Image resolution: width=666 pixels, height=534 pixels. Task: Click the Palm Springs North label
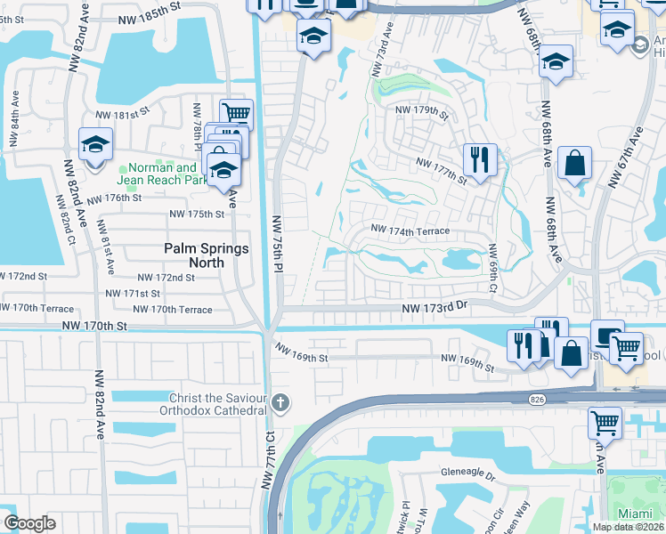(206, 255)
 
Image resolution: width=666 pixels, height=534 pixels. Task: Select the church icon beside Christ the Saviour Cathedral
(280, 402)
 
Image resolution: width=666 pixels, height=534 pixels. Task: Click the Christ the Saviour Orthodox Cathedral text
(218, 403)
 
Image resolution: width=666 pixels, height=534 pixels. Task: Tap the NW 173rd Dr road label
(434, 307)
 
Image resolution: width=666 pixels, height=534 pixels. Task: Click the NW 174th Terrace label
(410, 231)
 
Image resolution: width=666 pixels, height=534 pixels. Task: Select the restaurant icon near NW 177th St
(479, 161)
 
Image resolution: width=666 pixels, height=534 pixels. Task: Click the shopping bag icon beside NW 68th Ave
(576, 163)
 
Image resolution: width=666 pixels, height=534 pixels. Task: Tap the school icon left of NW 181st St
(95, 145)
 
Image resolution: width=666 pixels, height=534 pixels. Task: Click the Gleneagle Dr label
(467, 476)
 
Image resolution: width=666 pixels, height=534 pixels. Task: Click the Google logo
(29, 523)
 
